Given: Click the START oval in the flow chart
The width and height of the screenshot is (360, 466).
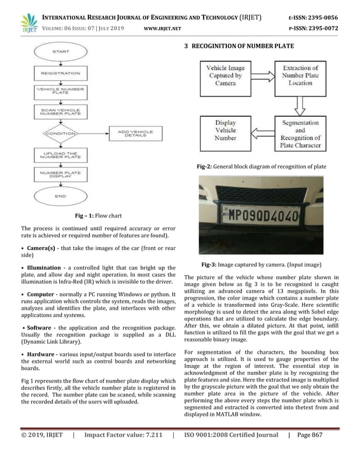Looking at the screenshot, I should click(60, 52).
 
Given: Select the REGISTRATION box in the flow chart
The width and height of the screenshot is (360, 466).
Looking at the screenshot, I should click(60, 73).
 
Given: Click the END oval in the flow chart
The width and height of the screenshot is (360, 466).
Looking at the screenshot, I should click(60, 196).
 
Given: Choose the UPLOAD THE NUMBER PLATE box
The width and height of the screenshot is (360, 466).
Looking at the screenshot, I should click(60, 154).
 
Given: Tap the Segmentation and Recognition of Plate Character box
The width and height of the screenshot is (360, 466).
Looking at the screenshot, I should click(300, 134).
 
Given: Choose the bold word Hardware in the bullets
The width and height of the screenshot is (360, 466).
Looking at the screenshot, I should click(41, 353).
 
